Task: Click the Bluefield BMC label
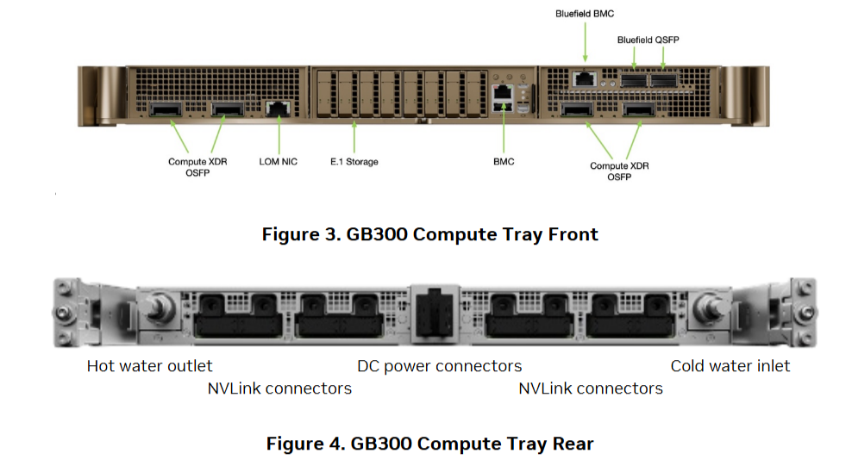tap(584, 13)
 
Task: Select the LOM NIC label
tap(278, 162)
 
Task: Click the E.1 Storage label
tap(354, 162)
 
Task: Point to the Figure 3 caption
tap(429, 234)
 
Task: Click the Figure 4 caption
tap(429, 444)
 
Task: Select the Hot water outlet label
tap(149, 366)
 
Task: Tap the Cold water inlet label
tap(730, 366)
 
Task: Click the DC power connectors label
tap(439, 366)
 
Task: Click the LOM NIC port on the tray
tap(278, 109)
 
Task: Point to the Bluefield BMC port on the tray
tap(586, 79)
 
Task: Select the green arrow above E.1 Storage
tap(354, 136)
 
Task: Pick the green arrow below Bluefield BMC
tap(584, 43)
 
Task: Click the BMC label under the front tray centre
tap(503, 162)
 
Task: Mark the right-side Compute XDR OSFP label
tap(619, 171)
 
